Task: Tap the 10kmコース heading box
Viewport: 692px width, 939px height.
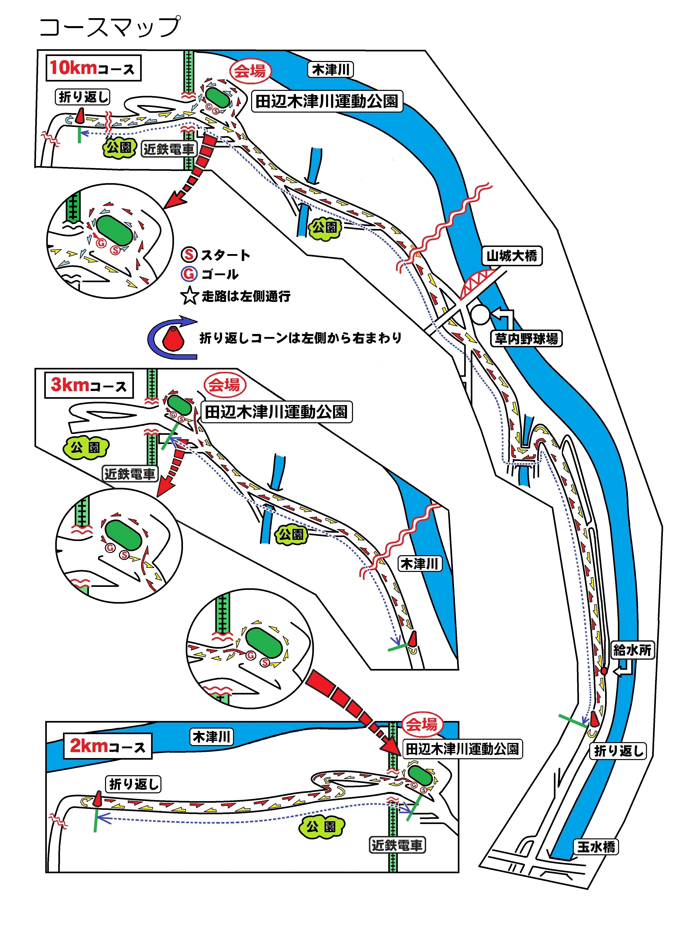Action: point(93,68)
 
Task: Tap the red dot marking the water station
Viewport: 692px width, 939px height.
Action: point(604,671)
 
